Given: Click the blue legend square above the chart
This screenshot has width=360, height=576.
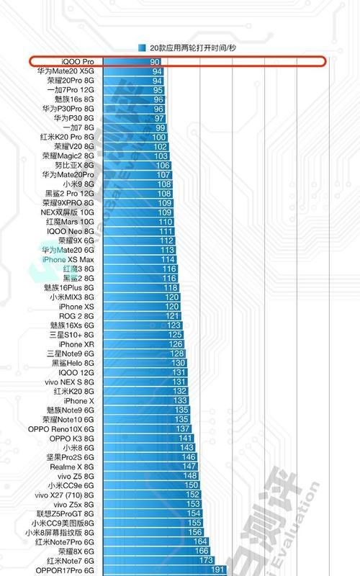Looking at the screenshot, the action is pos(142,48).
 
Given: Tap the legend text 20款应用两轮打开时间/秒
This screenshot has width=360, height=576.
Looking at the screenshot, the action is pos(192,48).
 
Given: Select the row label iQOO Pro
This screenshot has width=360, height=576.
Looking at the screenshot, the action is pos(78,62).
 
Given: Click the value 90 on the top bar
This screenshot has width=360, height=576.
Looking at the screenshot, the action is pos(155,62).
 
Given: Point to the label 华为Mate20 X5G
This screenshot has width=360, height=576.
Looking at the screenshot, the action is pos(66,71).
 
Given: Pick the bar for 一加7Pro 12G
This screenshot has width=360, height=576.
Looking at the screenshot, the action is pos(134,90).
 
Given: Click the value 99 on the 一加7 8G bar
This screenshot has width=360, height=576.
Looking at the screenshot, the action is pos(160,128).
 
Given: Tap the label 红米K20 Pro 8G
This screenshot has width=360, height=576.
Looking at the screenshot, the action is pos(67,137).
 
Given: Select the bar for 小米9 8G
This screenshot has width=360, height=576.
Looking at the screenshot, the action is pos(138,184).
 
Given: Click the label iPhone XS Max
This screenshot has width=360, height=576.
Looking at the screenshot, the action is pos(68,259).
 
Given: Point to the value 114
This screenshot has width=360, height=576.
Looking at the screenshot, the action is pos(168,259).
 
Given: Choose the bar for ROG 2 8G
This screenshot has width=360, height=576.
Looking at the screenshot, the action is pos(142,316).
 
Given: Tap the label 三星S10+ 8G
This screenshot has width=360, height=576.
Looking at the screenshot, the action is pos(72,335).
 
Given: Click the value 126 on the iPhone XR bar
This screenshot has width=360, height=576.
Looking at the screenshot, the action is pos(176,344).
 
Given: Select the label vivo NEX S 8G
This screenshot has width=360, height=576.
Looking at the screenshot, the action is pos(69,382).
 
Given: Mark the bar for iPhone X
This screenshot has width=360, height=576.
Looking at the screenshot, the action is pos(146,401).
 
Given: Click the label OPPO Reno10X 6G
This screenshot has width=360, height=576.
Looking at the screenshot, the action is pos(61,429).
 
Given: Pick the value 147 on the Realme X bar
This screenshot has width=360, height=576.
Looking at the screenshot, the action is pos(189,467).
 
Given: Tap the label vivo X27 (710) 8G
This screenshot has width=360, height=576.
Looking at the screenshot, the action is pos(64,495).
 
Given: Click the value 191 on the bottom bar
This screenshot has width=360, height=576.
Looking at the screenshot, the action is pos(217,570).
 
